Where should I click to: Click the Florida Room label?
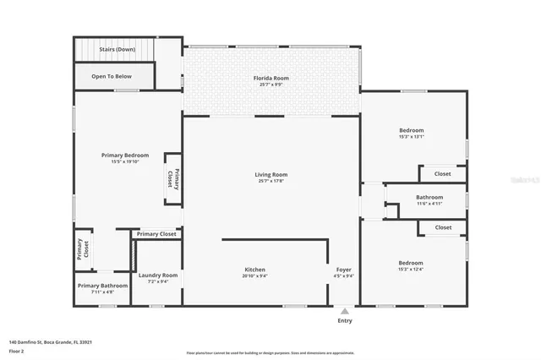click(271, 79)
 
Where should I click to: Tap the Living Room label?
click(271, 175)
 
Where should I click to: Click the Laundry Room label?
click(158, 275)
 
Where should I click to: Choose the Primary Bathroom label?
click(102, 286)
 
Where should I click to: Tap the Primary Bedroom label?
click(125, 155)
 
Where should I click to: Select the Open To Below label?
click(112, 76)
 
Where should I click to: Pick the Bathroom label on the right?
click(429, 197)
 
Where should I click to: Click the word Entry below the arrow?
click(345, 321)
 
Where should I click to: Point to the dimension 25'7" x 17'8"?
click(271, 181)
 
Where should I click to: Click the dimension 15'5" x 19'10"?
click(125, 161)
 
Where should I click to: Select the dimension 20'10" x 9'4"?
click(255, 275)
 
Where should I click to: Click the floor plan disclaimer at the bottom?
click(270, 353)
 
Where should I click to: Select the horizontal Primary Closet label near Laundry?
click(156, 234)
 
